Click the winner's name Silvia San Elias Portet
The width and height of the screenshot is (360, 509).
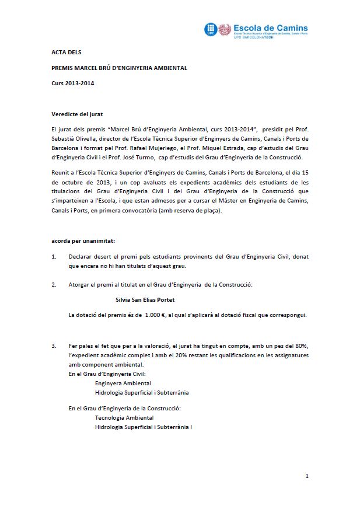point(146,300)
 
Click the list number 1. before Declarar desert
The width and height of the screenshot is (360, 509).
point(54,256)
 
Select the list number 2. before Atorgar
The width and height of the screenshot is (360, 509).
point(54,285)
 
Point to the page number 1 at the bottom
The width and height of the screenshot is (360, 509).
point(307,477)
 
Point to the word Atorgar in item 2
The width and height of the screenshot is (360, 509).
point(80,285)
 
